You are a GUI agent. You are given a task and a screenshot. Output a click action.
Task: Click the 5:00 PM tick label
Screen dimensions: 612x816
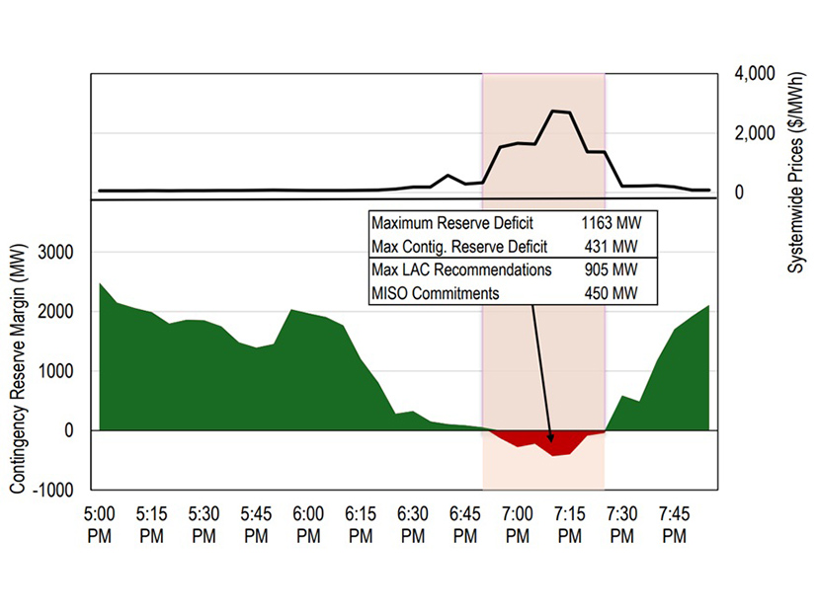(x=99, y=524)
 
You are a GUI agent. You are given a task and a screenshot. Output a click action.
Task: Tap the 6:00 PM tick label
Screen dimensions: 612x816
(x=308, y=524)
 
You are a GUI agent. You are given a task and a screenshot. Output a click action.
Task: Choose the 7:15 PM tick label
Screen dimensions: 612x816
(x=570, y=524)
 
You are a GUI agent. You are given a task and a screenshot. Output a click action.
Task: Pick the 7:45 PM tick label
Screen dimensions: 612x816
(x=675, y=524)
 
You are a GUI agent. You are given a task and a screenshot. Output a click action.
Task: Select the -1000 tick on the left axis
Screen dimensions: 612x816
(x=54, y=490)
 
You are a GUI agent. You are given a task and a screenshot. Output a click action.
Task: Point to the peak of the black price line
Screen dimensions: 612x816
(x=560, y=112)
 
